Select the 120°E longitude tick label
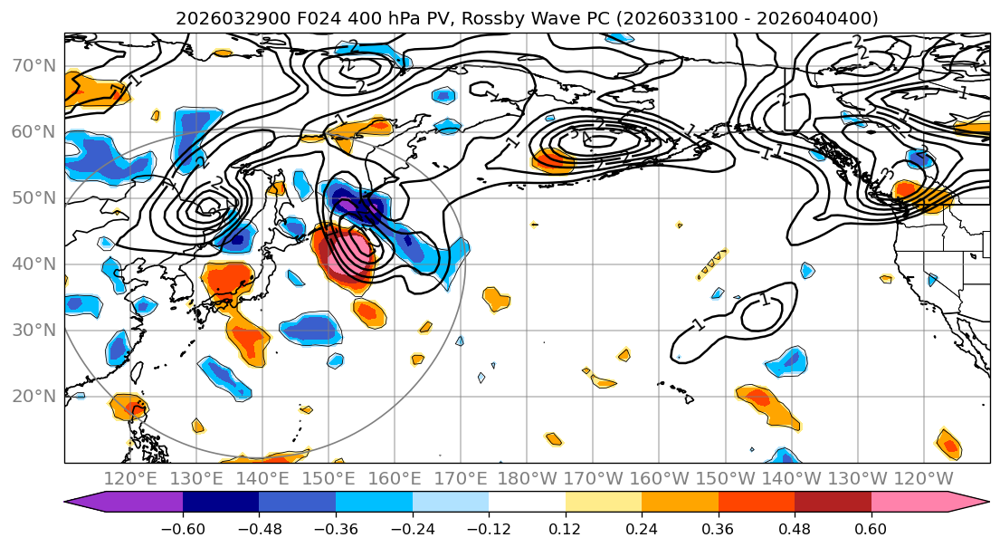(130, 478)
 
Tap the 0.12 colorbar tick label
(565, 528)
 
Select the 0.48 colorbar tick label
(795, 528)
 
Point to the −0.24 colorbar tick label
(412, 528)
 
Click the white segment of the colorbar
(527, 504)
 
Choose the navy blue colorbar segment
(221, 504)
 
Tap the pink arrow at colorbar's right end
(968, 504)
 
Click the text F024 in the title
(296, 18)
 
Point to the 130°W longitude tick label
(857, 478)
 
